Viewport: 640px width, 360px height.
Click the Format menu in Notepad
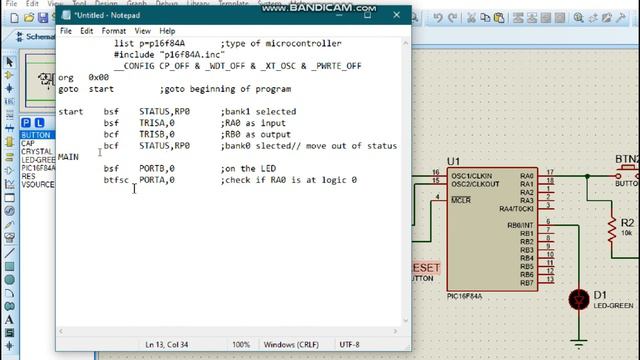pyautogui.click(x=113, y=31)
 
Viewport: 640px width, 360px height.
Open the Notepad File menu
pyautogui.click(x=66, y=31)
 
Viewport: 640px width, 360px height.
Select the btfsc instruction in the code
pyautogui.click(x=116, y=180)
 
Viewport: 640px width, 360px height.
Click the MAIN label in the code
pyautogui.click(x=68, y=157)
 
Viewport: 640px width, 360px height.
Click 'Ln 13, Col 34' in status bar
pyautogui.click(x=170, y=345)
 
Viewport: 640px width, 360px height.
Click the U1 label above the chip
pyautogui.click(x=453, y=161)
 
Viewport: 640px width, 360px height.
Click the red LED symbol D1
pyautogui.click(x=577, y=298)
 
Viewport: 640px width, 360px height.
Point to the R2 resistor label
pyautogui.click(x=627, y=222)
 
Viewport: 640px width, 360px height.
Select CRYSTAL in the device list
pyautogui.click(x=36, y=151)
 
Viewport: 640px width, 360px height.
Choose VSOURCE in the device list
pyautogui.click(x=38, y=184)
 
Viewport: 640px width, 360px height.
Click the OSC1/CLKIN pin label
pyautogui.click(x=472, y=174)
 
